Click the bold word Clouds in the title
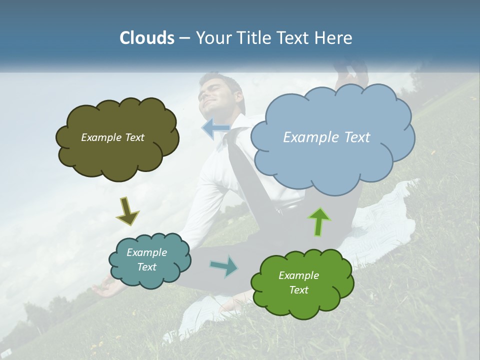tap(146, 38)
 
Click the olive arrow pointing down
tap(127, 211)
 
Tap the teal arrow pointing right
tap(224, 266)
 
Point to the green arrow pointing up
tap(319, 221)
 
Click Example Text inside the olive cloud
tap(112, 137)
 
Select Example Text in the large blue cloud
tap(326, 137)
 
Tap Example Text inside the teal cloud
tap(146, 259)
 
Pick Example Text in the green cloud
tap(298, 282)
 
